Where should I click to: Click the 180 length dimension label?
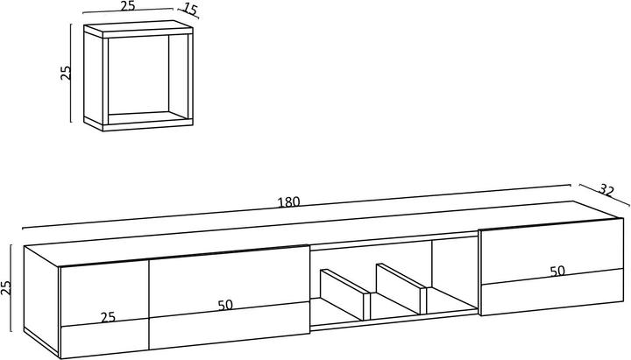coord(289,201)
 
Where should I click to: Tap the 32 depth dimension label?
coord(606,189)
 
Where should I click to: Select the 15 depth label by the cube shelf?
coord(191,9)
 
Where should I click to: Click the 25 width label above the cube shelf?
coord(128,6)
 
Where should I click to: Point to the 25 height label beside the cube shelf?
coord(66,73)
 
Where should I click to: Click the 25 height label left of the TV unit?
coord(6,288)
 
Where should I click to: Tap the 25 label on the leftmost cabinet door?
coord(108,318)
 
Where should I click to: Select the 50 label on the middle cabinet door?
coord(225,306)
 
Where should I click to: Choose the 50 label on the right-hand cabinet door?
coord(557,272)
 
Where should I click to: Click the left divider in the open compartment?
coord(345,294)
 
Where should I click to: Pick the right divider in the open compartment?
coord(401,288)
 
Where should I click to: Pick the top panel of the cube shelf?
coord(138,30)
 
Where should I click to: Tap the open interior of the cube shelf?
coord(138,74)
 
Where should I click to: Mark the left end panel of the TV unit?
coord(41,299)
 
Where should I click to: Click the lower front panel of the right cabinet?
coord(552,292)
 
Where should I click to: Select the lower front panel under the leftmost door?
coord(104,338)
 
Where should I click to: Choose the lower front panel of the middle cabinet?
coord(230,326)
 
